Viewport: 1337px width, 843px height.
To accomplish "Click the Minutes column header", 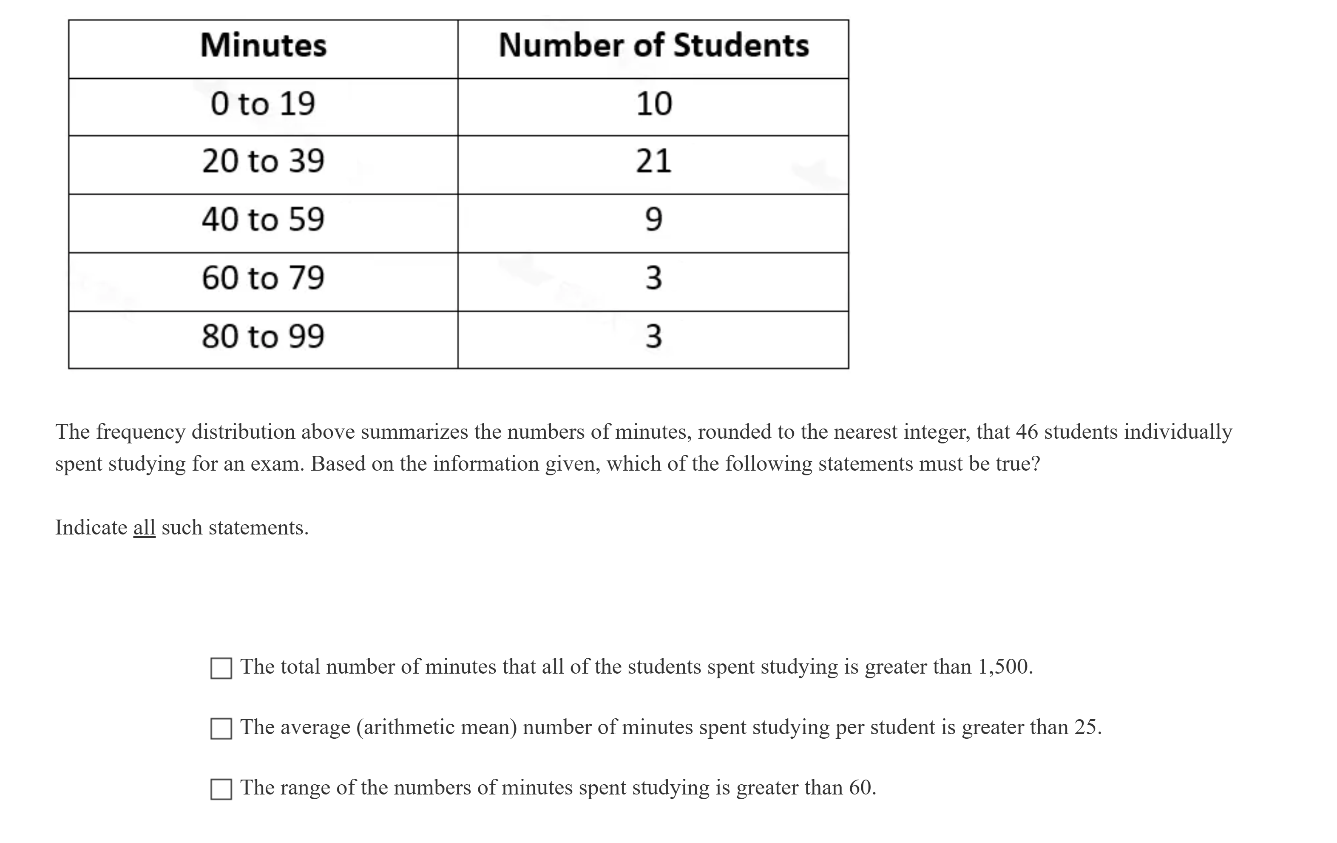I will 263,46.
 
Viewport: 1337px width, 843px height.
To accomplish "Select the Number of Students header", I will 653,46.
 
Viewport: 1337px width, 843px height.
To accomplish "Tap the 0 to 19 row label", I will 263,104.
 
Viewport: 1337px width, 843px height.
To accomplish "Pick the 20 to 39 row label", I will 263,161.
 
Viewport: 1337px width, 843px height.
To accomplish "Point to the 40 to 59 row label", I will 263,220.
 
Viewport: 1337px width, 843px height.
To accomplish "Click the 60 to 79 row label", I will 263,278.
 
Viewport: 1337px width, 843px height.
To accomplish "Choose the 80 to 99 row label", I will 263,336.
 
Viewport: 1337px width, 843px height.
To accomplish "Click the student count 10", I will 653,104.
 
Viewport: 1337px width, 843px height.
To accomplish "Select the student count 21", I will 653,161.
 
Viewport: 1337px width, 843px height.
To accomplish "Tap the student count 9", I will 653,220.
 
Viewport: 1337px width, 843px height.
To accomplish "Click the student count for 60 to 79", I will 653,278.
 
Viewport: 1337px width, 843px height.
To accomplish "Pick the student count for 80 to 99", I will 653,336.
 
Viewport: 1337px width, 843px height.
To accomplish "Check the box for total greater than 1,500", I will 221,668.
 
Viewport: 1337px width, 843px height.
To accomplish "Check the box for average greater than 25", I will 221,729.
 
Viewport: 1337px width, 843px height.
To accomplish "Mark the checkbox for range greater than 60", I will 221,789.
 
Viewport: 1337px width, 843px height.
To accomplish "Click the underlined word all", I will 144,527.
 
